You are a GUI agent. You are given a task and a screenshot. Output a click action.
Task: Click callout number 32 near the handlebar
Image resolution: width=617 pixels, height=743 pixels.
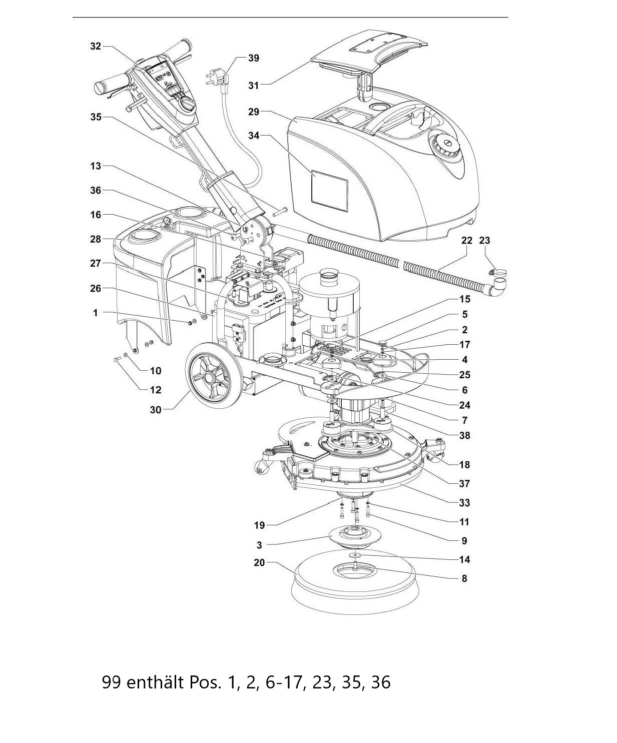pos(96,46)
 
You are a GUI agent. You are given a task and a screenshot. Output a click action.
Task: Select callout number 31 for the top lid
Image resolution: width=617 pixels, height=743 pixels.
pos(253,86)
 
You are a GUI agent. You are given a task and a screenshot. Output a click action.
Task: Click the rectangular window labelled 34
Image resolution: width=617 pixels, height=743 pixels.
pos(329,191)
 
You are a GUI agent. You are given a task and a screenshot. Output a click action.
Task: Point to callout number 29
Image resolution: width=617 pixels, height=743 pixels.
pos(253,112)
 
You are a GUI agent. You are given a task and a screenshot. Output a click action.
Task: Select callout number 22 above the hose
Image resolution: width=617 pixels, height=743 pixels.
pos(466,241)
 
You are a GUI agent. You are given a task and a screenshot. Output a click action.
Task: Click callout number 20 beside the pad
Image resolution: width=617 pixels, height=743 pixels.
pos(259,562)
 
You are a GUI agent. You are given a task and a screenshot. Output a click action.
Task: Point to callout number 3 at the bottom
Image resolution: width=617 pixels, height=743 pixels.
pos(259,545)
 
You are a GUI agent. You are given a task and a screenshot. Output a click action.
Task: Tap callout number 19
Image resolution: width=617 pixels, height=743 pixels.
pos(259,525)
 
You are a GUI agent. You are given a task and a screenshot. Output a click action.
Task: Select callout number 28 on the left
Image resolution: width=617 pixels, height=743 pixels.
pos(96,239)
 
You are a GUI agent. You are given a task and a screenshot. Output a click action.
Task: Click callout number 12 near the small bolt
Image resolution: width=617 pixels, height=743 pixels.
pos(156,390)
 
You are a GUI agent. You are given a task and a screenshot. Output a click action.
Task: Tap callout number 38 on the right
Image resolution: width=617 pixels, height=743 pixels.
pos(465,436)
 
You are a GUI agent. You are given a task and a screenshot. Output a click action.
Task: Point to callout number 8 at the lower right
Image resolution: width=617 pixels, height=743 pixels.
pos(464,578)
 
